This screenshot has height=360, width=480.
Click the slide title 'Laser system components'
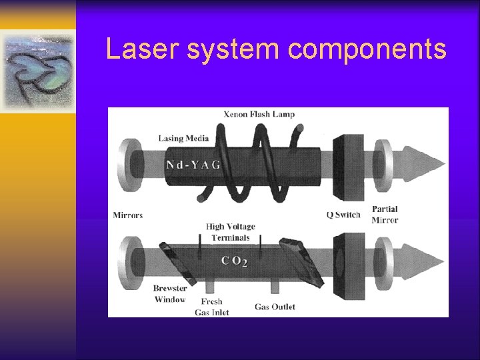pyautogui.click(x=276, y=49)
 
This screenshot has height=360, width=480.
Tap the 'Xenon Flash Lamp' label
pyautogui.click(x=259, y=114)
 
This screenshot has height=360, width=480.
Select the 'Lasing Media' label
pyautogui.click(x=183, y=139)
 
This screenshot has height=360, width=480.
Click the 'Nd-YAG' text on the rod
pyautogui.click(x=193, y=164)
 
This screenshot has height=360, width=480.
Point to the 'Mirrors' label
pyautogui.click(x=128, y=215)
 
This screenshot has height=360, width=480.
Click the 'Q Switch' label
pyautogui.click(x=343, y=215)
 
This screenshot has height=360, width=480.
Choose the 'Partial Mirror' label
pyautogui.click(x=385, y=215)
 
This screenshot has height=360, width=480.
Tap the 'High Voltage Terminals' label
pyautogui.click(x=231, y=232)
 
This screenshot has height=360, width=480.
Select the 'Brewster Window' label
pyautogui.click(x=169, y=294)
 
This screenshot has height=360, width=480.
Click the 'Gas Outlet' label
pyautogui.click(x=275, y=307)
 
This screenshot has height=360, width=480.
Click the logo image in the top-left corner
pyautogui.click(x=37, y=71)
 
